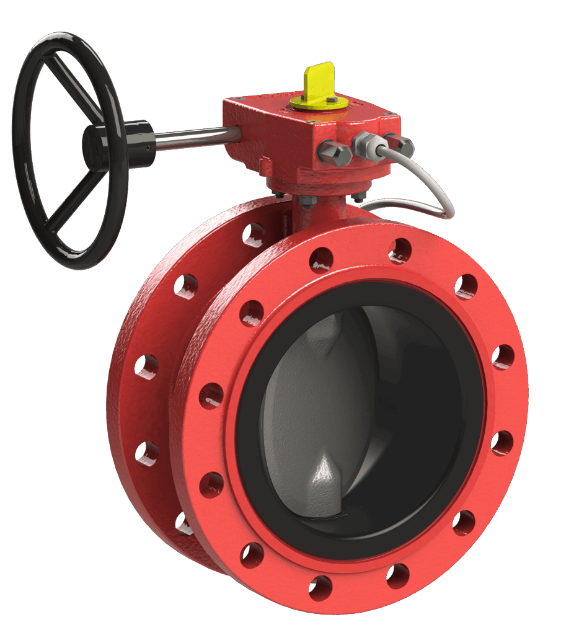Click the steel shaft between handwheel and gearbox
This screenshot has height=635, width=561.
pyautogui.click(x=192, y=138)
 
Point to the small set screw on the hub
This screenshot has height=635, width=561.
pyautogui.click(x=147, y=148)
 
